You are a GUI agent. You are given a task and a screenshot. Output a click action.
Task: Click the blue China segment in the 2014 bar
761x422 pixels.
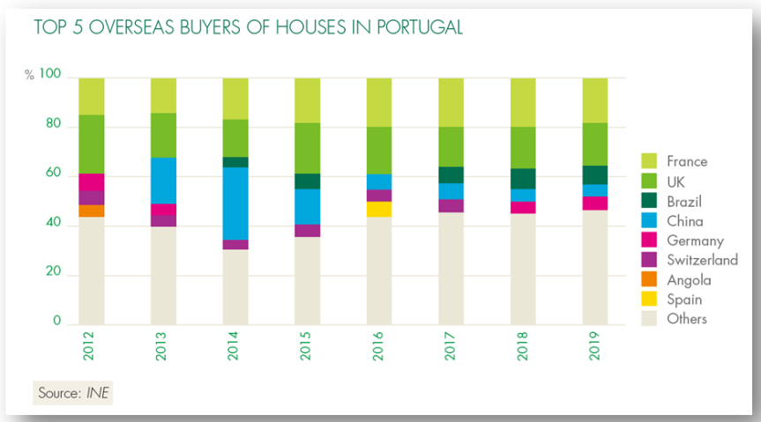(235, 203)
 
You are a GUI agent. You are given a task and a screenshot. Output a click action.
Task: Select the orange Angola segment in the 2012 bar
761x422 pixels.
(92, 211)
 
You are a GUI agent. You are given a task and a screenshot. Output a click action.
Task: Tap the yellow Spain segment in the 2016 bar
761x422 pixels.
(379, 209)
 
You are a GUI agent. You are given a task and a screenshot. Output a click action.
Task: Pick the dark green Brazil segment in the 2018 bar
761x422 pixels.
(523, 179)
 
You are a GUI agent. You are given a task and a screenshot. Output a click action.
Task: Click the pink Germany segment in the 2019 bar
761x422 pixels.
(595, 203)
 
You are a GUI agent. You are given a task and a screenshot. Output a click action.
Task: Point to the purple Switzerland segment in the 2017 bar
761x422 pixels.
(451, 205)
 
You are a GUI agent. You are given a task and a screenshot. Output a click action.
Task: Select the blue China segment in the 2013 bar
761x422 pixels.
(163, 181)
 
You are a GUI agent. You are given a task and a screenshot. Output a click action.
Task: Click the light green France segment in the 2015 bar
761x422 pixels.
(307, 100)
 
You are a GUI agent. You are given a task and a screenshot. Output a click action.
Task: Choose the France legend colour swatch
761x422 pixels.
(649, 161)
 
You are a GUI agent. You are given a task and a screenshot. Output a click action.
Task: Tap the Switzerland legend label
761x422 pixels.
(702, 260)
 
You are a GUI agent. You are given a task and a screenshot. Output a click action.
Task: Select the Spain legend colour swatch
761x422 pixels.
(649, 300)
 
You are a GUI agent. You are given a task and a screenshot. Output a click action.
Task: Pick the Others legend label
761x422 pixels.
(687, 319)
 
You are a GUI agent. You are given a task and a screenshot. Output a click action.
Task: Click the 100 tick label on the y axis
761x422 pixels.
(51, 77)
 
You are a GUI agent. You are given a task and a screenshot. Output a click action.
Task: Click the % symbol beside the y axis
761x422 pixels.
(29, 78)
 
